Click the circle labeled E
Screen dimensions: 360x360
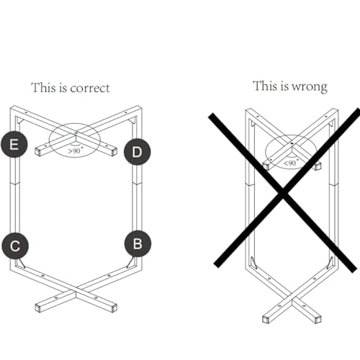14,145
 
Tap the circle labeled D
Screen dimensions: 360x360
138,152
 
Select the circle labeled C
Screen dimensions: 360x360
15,246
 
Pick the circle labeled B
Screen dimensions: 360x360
138,244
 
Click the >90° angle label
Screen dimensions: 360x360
75,150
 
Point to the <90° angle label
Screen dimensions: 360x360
291,163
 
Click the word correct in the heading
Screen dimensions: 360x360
90,88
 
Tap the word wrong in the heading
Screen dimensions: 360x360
310,87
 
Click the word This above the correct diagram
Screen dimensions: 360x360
43,87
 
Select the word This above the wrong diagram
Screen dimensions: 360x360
265,86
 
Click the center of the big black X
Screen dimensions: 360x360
283,192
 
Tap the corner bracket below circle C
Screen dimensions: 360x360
20,263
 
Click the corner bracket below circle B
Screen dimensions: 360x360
131,263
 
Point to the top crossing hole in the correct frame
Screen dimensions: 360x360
76,133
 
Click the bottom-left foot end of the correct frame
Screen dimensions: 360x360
38,307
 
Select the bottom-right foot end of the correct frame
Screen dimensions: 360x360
114,307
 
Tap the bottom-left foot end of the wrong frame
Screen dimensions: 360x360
266,320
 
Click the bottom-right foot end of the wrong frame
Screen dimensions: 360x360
318,320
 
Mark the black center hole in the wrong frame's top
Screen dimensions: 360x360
292,143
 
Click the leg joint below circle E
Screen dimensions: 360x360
14,184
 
